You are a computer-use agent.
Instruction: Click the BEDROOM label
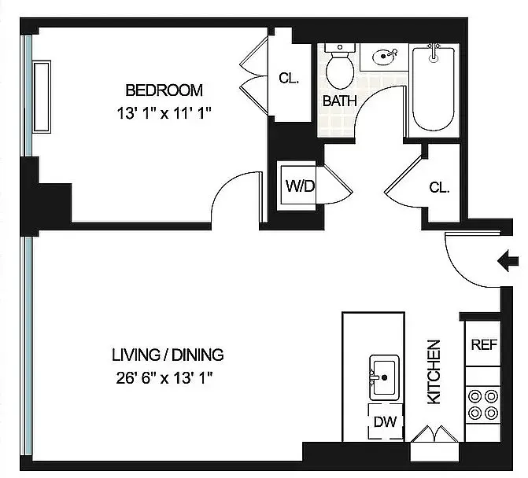164,90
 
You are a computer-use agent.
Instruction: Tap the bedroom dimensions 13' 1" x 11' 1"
164,112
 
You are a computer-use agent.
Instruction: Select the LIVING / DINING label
168,355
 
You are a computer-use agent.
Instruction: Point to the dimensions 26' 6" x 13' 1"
168,377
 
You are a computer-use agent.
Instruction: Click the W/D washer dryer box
300,187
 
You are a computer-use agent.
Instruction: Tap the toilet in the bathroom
341,67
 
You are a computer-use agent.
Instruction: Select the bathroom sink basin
383,57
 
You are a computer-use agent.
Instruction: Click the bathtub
432,90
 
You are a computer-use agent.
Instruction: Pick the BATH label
339,101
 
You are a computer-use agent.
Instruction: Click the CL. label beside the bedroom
288,79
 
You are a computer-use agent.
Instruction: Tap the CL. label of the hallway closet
439,188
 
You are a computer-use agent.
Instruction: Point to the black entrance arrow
508,259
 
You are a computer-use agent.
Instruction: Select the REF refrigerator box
482,344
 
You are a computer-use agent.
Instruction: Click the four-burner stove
482,403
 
